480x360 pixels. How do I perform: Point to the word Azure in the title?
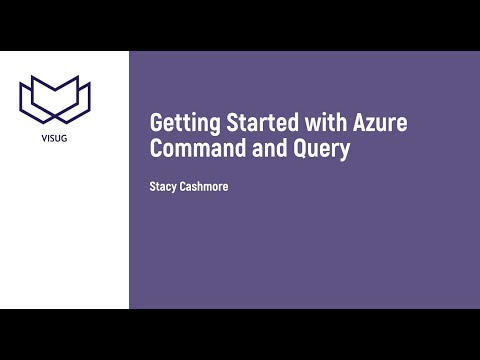pos(381,123)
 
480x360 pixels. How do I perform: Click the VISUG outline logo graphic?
pos(55,98)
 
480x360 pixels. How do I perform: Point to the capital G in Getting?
pos(156,123)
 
